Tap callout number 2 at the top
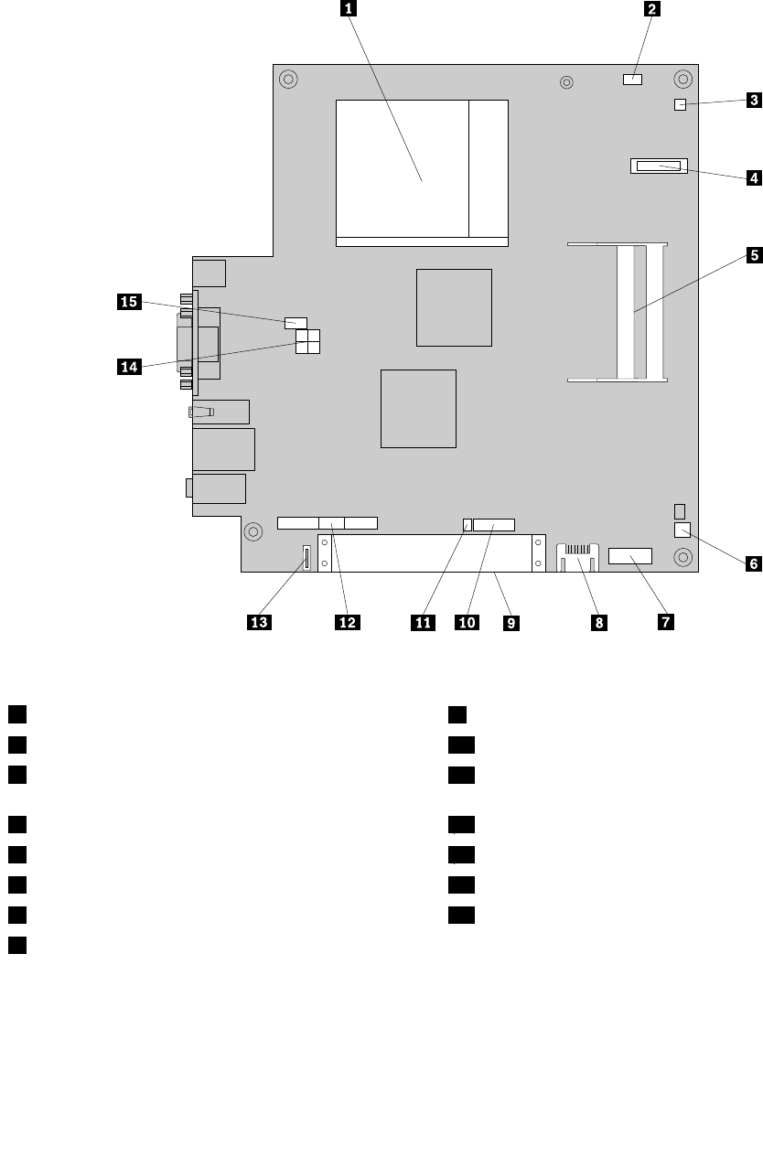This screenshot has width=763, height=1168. pos(651,10)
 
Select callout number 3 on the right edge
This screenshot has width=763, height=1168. pos(753,100)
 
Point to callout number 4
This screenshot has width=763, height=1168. pos(753,177)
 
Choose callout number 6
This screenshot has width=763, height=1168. pos(753,563)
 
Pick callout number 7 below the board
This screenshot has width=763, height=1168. pos(662,622)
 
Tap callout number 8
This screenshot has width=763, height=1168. pos(598,622)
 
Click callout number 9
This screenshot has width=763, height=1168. pos(510,622)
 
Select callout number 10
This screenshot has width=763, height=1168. pos(467,622)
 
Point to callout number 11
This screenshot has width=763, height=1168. pos(423,622)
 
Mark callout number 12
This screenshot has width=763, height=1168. pos(347,622)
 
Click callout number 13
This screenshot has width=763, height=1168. pos(259,622)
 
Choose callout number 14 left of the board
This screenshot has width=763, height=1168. pos(129,367)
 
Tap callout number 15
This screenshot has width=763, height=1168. pos(129,301)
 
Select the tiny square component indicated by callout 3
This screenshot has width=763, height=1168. pos(680,105)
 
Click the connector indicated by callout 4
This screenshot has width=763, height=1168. pos(657,166)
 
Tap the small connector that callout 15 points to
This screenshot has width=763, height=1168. pos(295,322)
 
